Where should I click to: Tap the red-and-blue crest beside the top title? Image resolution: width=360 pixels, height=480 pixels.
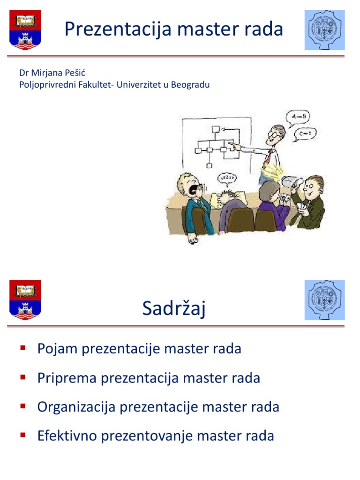tap(25, 30)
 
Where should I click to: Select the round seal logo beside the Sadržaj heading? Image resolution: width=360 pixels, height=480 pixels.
tap(324, 300)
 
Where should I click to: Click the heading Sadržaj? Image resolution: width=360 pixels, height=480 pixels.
tap(174, 309)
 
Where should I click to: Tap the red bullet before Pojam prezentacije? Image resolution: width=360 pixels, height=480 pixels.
tap(22, 348)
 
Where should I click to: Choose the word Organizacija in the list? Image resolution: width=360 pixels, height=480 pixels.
tap(76, 407)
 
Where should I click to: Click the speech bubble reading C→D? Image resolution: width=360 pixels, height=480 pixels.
tap(305, 135)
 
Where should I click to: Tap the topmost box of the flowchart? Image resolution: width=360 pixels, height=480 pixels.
tap(215, 129)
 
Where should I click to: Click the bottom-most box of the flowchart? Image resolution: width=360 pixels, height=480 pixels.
tap(210, 165)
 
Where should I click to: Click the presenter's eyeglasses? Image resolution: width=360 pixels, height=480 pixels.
tap(273, 134)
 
